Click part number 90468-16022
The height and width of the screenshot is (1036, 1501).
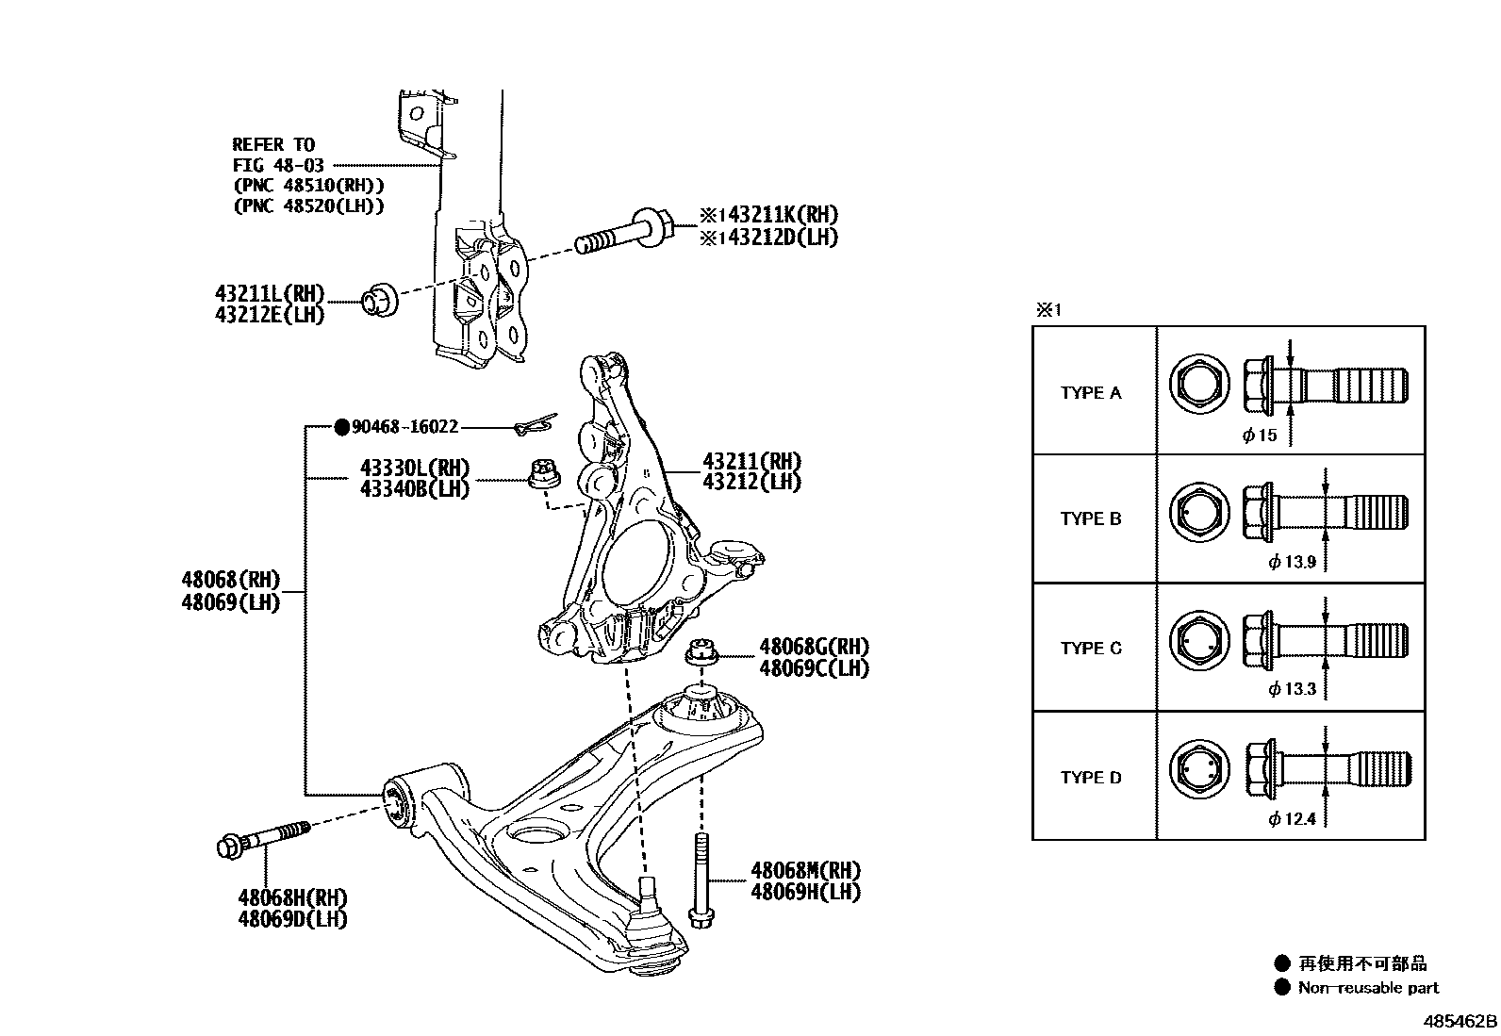click(404, 427)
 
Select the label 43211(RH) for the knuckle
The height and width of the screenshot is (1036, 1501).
click(751, 462)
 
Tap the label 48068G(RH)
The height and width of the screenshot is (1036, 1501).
click(814, 648)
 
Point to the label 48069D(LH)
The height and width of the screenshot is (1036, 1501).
click(292, 918)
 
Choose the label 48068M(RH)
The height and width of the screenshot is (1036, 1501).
click(805, 870)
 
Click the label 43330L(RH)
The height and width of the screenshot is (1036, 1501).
click(414, 469)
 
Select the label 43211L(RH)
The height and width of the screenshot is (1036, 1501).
click(270, 295)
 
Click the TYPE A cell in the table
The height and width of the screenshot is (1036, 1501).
click(1091, 393)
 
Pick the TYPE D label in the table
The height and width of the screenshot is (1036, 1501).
click(1091, 778)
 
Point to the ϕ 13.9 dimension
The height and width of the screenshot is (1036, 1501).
click(1292, 563)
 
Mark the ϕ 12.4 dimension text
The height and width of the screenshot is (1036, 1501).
click(1292, 819)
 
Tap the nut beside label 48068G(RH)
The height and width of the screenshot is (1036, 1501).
click(701, 651)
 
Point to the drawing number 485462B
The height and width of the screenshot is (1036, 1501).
click(1460, 1021)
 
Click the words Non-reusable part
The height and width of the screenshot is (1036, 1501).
click(1368, 988)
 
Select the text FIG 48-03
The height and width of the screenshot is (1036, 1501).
click(278, 165)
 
